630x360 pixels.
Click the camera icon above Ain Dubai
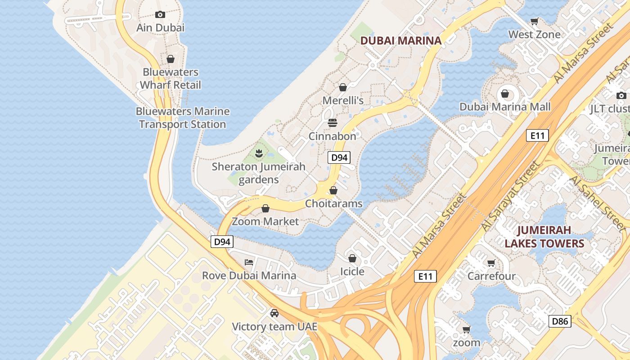[x=160, y=14]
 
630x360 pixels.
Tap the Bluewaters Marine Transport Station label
[x=183, y=118]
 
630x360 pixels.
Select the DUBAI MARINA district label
[x=401, y=40]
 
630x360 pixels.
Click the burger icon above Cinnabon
[x=333, y=123]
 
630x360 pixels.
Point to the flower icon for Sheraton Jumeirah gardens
[x=259, y=153]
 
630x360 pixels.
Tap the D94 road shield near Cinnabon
[x=339, y=157]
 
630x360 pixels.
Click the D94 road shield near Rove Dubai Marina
[x=222, y=242]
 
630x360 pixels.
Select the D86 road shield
[x=560, y=321]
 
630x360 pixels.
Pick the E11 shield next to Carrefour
[x=425, y=276]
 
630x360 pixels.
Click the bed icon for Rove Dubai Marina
[x=249, y=262]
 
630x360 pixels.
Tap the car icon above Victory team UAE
[x=274, y=313]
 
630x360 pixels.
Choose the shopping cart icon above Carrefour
[x=491, y=263]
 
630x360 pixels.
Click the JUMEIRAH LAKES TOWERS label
[x=544, y=237]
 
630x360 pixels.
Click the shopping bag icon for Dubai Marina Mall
[x=505, y=94]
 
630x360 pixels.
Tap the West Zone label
[x=534, y=34]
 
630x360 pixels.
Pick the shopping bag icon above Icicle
[x=352, y=258]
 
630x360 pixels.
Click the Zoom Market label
[x=265, y=221]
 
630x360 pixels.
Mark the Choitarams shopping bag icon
[x=333, y=190]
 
